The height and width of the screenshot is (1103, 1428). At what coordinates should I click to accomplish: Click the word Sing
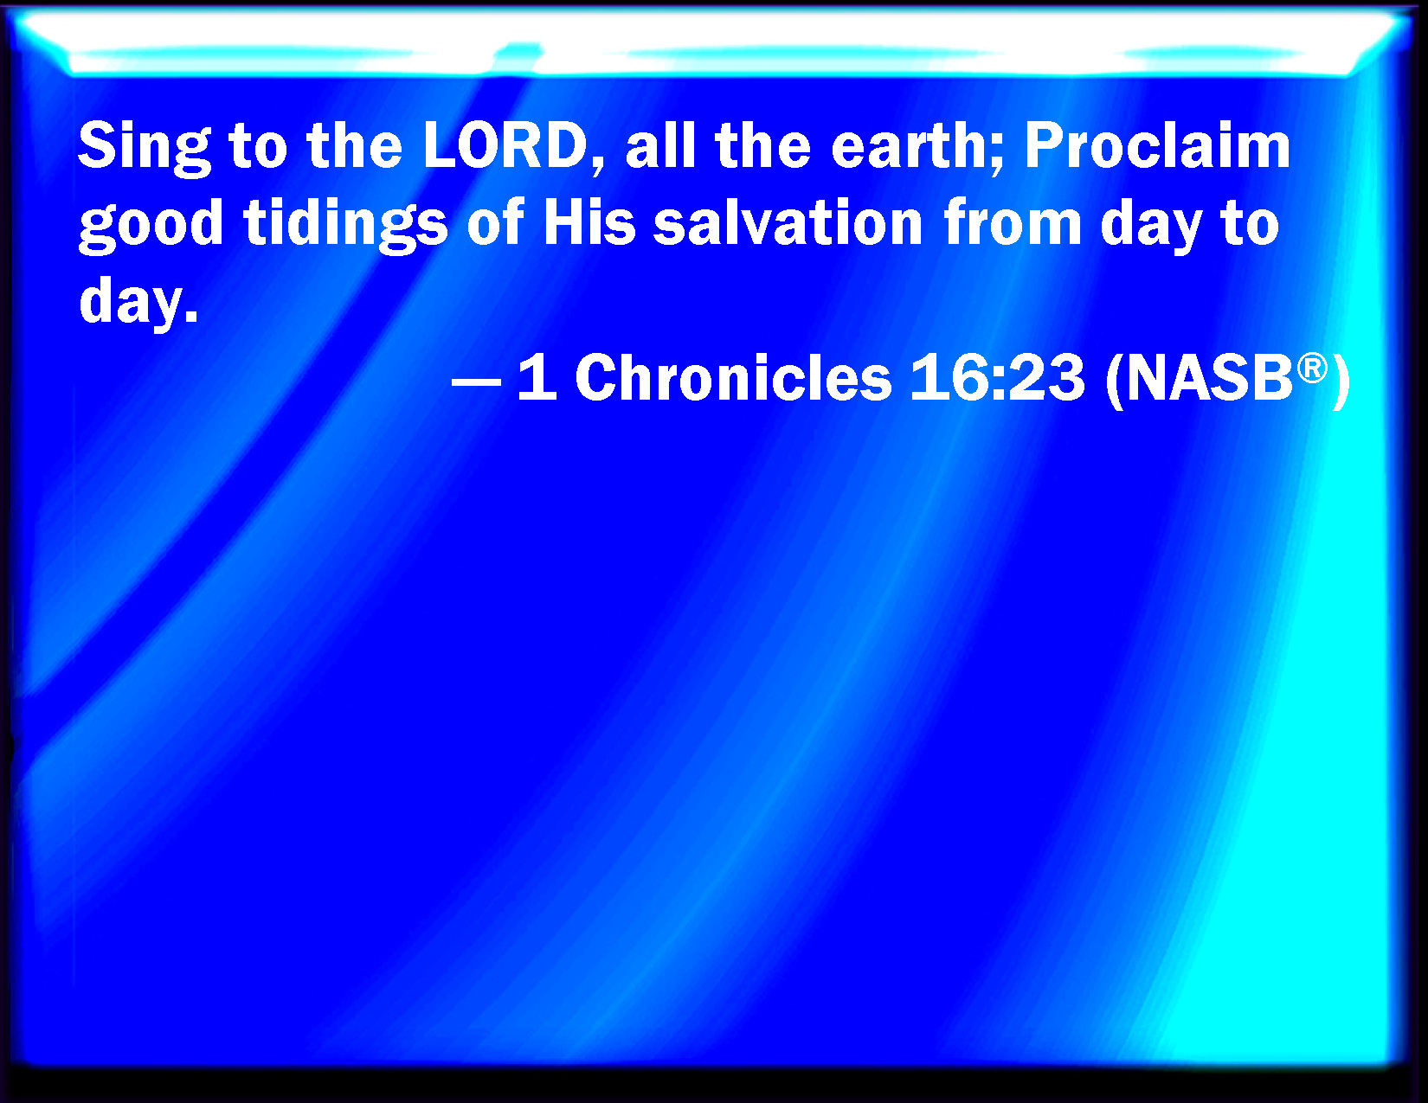coord(145,149)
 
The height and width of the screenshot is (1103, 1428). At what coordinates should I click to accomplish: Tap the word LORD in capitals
coord(505,145)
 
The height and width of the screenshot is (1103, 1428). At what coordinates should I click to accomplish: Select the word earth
coord(913,145)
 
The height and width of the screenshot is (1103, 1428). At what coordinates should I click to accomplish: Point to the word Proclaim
coord(1157,145)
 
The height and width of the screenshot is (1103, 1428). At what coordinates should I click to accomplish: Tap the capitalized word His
coord(589,222)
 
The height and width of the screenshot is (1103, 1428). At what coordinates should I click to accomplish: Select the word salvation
coord(788,222)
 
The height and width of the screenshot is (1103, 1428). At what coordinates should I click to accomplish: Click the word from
coord(1013,222)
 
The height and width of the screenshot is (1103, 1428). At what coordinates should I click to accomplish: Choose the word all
coord(660,145)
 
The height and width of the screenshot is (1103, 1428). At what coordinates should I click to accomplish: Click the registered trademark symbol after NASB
coord(1312,368)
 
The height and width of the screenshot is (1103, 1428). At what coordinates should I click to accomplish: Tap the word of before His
coord(496,222)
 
